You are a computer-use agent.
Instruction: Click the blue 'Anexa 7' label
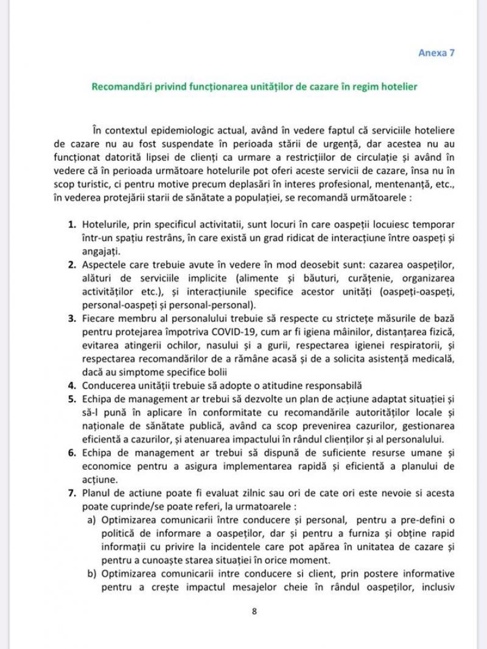(436, 53)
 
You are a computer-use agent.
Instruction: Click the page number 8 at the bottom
(254, 611)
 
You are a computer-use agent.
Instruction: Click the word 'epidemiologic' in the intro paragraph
(189, 131)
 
